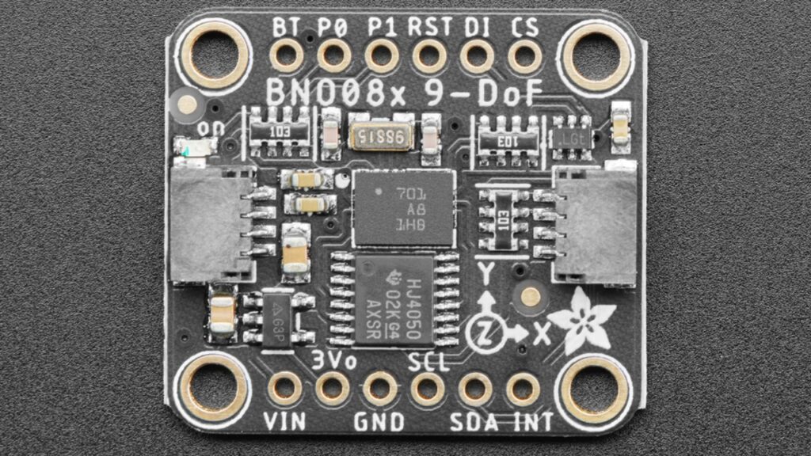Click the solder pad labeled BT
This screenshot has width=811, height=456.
point(286,55)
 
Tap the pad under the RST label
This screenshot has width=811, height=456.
point(428,55)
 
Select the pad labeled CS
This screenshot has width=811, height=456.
point(524,55)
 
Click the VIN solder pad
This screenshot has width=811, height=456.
point(284,389)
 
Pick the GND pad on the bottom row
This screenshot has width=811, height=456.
point(380,389)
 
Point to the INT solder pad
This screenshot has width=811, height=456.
point(523,389)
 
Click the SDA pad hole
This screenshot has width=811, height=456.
point(475,389)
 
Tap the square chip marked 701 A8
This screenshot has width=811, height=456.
point(402,207)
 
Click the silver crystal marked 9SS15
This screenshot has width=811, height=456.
point(381,137)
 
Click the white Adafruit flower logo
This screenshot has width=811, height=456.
point(581,320)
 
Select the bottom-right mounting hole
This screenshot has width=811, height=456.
point(596,389)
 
